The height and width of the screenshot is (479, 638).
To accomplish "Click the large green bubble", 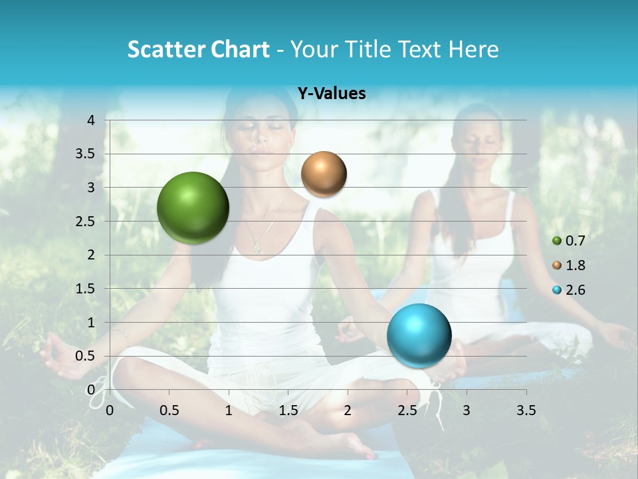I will click(x=193, y=208).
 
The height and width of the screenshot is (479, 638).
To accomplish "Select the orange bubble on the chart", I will click(x=324, y=174).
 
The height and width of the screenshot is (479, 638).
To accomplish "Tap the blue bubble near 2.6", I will click(x=419, y=335).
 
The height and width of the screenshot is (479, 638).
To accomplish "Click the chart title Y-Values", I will click(x=332, y=94).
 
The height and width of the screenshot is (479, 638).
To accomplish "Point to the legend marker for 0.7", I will click(x=557, y=241).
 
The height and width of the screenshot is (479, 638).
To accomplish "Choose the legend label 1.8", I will click(x=575, y=265).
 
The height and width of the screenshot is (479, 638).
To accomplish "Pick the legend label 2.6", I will click(x=575, y=290).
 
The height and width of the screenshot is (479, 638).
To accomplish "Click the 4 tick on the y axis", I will click(x=92, y=120).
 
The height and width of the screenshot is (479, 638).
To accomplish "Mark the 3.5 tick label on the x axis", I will click(x=526, y=410).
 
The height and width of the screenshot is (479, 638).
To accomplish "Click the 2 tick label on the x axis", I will click(x=348, y=410).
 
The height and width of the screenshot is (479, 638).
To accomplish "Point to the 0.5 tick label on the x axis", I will click(x=169, y=410).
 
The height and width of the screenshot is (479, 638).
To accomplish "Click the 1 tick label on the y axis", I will click(x=92, y=323).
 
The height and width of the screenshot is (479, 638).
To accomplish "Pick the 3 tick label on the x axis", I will click(x=467, y=410).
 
